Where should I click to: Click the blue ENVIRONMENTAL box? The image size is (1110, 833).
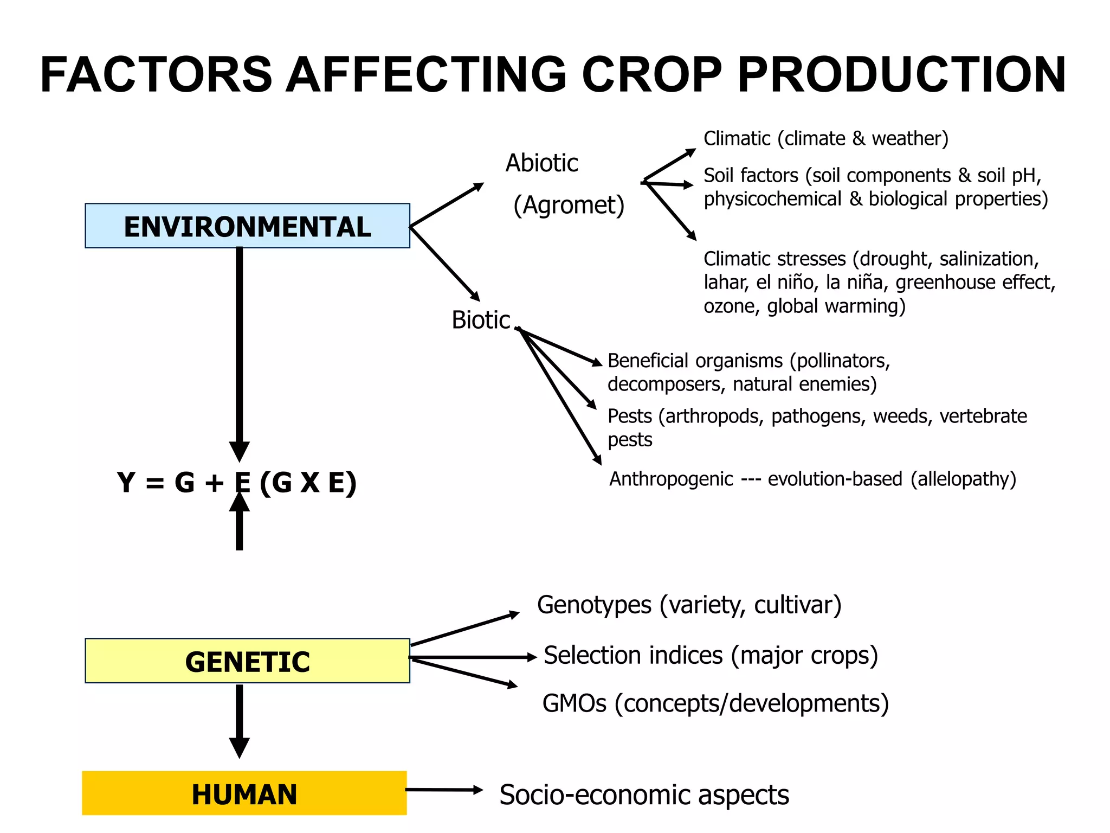pos(247,226)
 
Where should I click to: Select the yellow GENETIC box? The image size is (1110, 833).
pos(247,661)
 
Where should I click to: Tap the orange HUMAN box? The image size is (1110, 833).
pos(244,793)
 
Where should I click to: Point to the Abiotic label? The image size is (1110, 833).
pos(541,163)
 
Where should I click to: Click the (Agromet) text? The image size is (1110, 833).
pos(569,205)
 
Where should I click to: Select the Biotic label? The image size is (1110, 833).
pos(480,320)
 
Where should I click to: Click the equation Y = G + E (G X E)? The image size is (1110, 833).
pos(236,482)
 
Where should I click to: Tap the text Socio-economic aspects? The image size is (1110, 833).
pos(643,795)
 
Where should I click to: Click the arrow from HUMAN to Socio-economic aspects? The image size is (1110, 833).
pos(443,790)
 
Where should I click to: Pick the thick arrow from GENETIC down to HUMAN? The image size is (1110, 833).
pos(239,719)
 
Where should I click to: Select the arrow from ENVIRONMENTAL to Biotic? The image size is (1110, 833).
pos(444,264)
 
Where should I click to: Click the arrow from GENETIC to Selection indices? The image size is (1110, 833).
pos(472,657)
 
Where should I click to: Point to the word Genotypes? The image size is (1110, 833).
pos(594,605)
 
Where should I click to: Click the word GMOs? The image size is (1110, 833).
pos(574,703)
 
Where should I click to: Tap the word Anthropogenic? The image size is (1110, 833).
pos(671,479)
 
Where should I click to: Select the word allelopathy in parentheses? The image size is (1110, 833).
pos(963,479)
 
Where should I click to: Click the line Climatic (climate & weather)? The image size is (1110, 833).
pos(825,139)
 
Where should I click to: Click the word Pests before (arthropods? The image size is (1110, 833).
pos(629,416)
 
